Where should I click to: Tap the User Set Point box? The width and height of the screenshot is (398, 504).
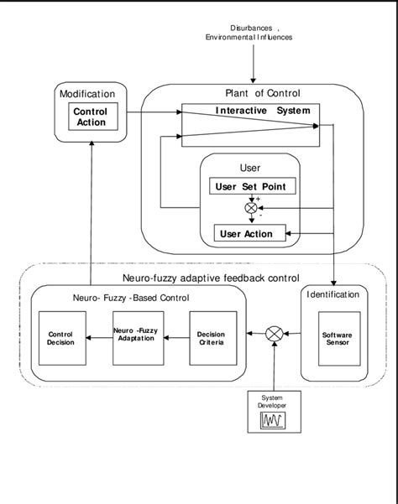click(249, 186)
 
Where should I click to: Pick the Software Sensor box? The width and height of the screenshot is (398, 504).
click(337, 339)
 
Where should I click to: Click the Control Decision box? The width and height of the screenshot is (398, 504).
click(62, 338)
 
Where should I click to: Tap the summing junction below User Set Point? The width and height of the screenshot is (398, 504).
click(249, 208)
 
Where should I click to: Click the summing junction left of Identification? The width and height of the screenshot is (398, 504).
click(273, 335)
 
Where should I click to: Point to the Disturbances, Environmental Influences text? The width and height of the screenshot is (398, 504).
click(249, 32)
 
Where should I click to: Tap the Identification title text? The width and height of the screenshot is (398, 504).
click(335, 294)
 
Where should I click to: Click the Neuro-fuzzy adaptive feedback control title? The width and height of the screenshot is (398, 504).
click(205, 278)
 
